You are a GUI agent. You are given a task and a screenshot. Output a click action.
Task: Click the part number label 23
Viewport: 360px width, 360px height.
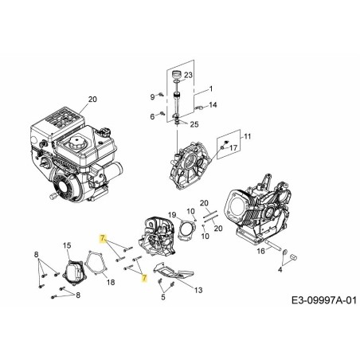[189, 75]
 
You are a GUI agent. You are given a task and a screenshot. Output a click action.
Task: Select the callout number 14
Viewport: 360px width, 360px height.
[213, 104]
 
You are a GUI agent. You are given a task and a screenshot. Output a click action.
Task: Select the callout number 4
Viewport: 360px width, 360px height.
[280, 270]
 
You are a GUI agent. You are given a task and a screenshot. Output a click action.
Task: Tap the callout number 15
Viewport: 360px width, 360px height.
[67, 245]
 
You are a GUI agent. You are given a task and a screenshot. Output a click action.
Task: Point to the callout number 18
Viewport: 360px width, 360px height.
[110, 282]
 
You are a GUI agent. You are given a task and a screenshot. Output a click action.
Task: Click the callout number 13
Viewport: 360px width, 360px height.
[198, 290]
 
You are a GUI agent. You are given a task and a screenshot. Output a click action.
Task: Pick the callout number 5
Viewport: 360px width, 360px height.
[162, 298]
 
